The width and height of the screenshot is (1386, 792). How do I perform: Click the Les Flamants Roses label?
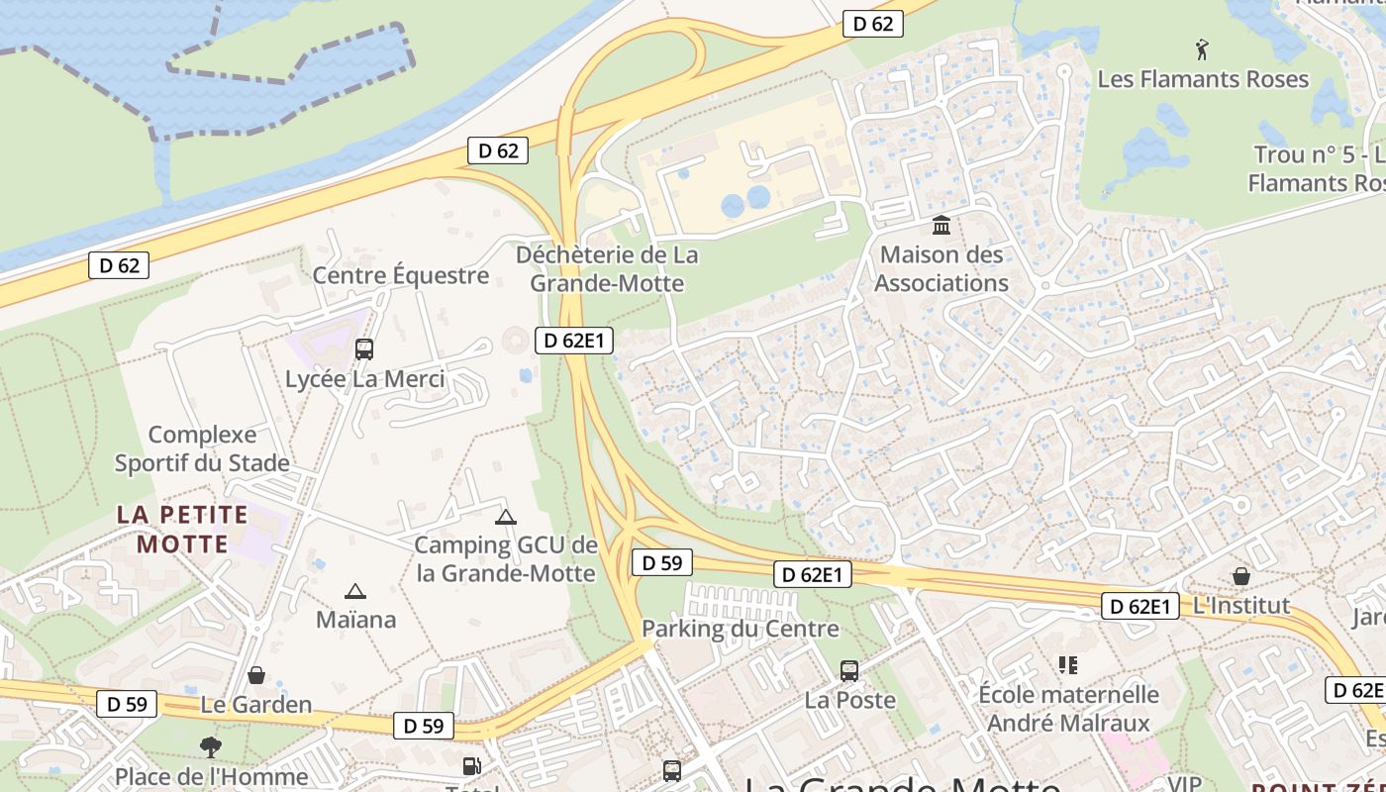[1203, 79]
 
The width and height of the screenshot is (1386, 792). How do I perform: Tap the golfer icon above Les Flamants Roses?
[1202, 49]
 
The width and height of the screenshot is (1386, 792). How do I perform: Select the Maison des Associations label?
[940, 269]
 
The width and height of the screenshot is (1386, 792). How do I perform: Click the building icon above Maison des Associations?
[941, 226]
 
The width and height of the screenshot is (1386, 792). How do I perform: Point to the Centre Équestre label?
[401, 275]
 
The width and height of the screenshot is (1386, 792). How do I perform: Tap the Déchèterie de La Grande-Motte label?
[607, 269]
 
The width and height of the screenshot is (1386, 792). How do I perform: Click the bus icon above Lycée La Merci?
[364, 348]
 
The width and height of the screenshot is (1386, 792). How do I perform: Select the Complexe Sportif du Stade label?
[202, 448]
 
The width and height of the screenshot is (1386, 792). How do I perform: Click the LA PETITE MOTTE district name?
[182, 529]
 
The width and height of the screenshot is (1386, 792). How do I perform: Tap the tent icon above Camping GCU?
[506, 517]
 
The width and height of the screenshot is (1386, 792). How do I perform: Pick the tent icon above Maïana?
[355, 592]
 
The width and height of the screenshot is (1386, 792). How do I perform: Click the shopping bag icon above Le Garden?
[256, 675]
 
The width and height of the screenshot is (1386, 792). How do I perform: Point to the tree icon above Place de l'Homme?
[210, 746]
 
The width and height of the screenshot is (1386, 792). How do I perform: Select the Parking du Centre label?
[740, 629]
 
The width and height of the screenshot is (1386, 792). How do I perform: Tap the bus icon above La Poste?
[849, 671]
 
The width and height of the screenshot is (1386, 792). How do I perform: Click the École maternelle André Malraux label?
[1068, 709]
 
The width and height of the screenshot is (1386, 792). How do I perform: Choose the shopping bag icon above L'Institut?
[1241, 575]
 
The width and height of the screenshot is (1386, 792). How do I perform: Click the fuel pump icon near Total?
[472, 766]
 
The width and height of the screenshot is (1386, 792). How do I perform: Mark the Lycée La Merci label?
[364, 379]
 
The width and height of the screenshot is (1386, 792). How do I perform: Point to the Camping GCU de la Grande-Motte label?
[506, 559]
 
